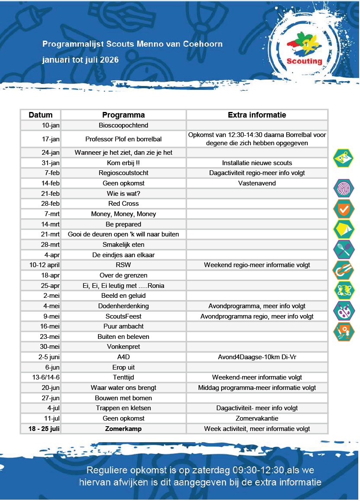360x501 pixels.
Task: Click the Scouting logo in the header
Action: [x=305, y=50]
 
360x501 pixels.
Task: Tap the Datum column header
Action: [x=41, y=115]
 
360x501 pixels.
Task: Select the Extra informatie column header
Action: [x=257, y=115]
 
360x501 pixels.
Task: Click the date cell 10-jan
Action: [x=51, y=125]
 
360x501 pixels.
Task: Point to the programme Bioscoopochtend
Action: [x=123, y=125]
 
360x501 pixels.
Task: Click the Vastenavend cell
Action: [x=257, y=183]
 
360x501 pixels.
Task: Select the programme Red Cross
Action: [x=123, y=204]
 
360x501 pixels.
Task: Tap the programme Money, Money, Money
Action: [x=123, y=214]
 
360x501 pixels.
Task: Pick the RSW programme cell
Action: [x=123, y=265]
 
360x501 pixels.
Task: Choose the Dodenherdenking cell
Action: [x=123, y=306]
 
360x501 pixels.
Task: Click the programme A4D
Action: [x=123, y=357]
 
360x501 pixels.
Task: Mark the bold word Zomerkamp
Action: [x=123, y=429]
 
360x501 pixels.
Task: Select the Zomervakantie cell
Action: [x=257, y=418]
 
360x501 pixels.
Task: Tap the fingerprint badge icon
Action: [x=344, y=188]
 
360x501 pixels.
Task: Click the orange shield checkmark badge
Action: [x=344, y=209]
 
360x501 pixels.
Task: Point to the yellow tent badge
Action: [x=344, y=229]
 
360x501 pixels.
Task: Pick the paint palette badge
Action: [x=344, y=310]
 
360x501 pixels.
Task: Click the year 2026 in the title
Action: [x=109, y=60]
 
